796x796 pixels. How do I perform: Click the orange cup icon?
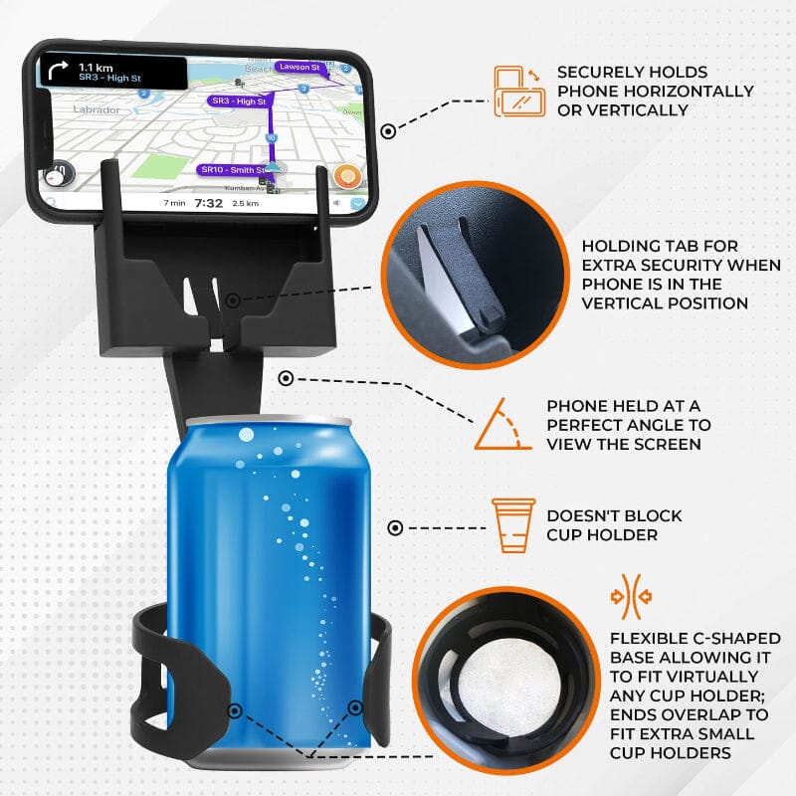[513, 524]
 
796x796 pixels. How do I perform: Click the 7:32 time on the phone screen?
[208, 202]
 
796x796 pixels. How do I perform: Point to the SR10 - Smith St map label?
[232, 170]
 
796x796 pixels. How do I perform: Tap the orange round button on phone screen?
[345, 177]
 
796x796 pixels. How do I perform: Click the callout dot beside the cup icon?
[395, 528]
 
